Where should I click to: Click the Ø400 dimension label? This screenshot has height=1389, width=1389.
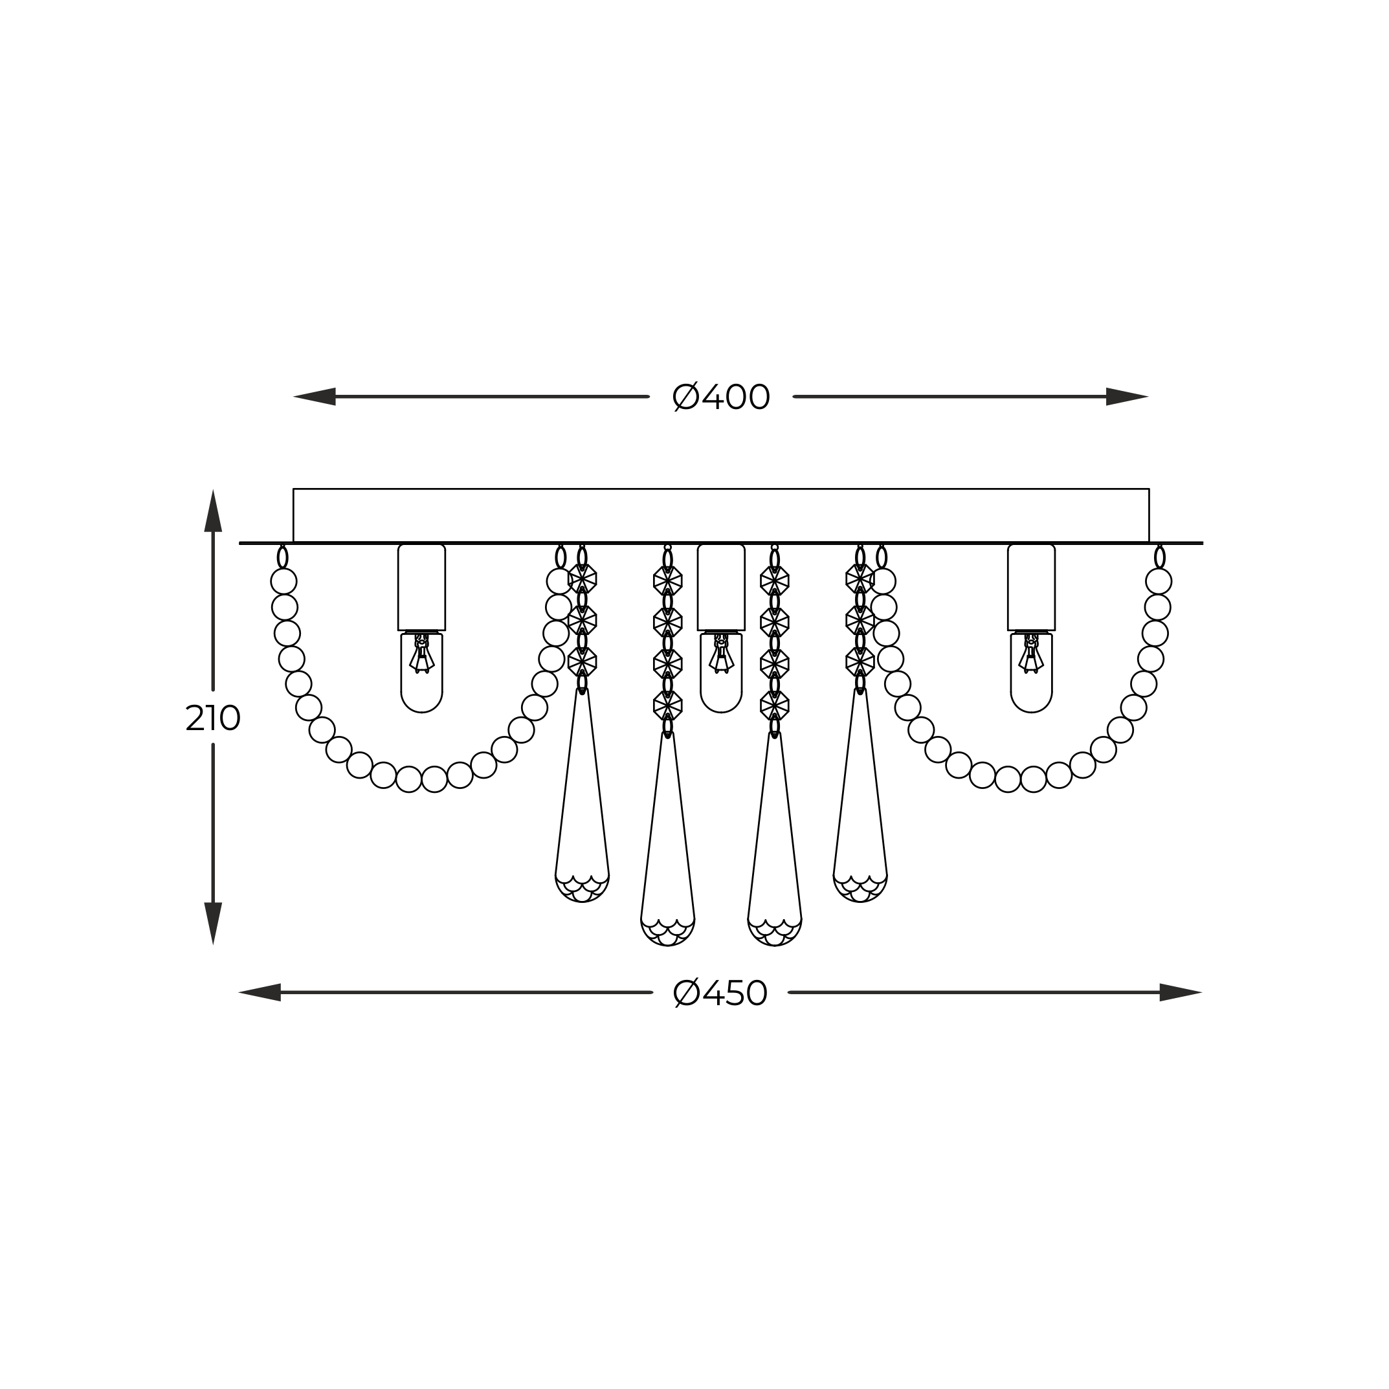point(721,397)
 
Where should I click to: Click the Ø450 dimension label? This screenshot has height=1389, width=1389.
point(720,994)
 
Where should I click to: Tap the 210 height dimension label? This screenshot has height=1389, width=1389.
point(213,718)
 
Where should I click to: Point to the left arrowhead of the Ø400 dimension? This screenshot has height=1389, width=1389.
point(314,397)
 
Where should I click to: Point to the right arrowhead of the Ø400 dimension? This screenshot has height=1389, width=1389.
point(1128,397)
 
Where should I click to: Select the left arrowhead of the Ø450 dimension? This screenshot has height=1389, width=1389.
point(260,993)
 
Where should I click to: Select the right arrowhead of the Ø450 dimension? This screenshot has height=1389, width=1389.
point(1181,993)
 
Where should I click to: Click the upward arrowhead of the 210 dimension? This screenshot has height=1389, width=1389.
point(213,511)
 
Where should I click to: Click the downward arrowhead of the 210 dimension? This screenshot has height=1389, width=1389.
point(213,924)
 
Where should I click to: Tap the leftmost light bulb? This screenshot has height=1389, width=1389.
point(421,672)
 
